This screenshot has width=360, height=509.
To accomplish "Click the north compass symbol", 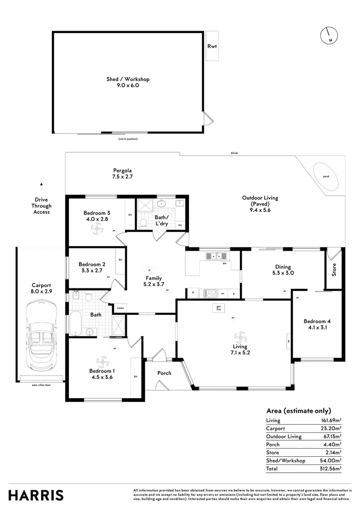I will pos(328,36).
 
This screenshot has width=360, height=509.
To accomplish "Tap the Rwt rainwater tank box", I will pos(212,46).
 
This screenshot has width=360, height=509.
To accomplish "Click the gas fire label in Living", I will pos(218,308).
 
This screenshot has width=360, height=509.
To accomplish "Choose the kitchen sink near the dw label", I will pos(216,256).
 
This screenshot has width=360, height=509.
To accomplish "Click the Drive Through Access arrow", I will pos(41,184).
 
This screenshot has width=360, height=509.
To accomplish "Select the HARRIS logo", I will pos(36,495).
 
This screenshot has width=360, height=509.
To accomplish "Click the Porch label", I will pos(164,373).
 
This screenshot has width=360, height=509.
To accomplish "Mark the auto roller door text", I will pos(41,385).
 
